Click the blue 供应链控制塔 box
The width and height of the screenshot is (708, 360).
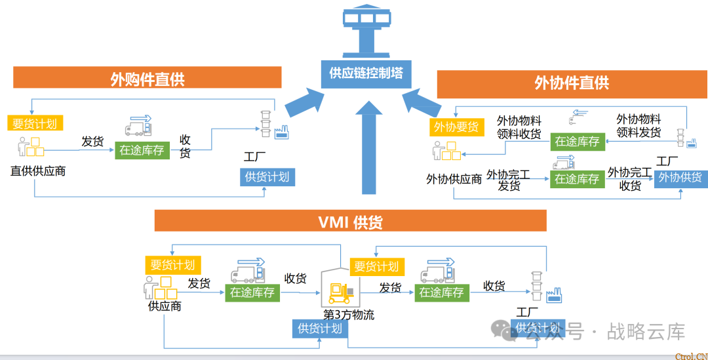click(366, 73)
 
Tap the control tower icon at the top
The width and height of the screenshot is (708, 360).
click(366, 30)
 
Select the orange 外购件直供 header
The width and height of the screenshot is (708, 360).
click(147, 79)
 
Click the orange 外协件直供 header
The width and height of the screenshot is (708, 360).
click(572, 83)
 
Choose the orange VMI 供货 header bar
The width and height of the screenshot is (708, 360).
click(350, 222)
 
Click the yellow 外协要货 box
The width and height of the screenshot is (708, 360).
click(457, 127)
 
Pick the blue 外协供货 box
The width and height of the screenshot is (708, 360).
click(680, 178)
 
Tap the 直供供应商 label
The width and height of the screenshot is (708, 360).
click(38, 171)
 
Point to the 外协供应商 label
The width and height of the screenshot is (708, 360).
click(454, 179)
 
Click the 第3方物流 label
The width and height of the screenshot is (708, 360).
click(349, 315)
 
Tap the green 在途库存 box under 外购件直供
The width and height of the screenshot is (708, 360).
click(142, 150)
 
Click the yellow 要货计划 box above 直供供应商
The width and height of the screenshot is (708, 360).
click(35, 123)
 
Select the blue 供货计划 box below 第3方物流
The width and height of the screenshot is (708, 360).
click(319, 328)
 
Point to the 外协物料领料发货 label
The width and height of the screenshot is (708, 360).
click(639, 126)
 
